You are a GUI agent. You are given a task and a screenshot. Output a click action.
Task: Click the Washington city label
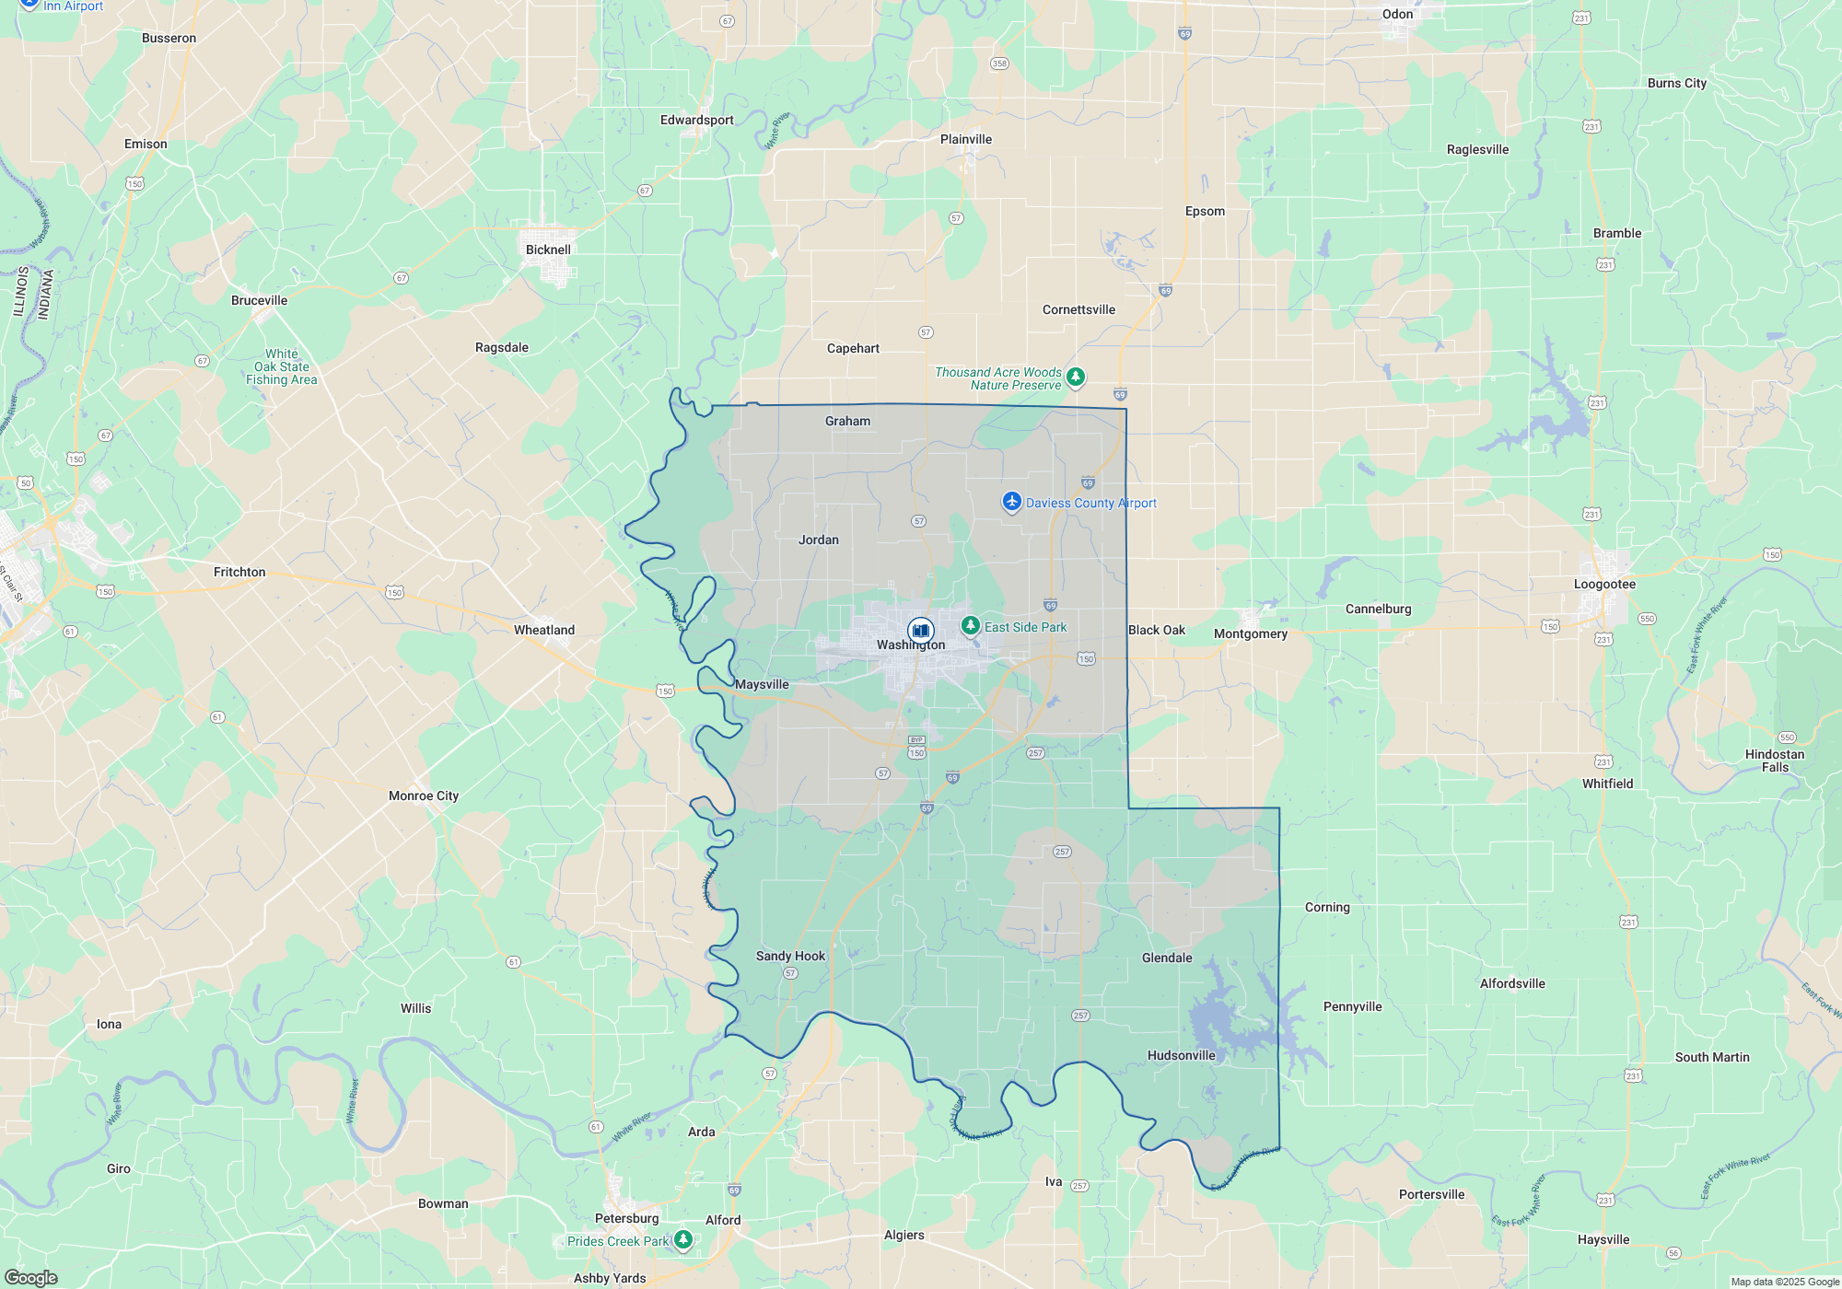(910, 645)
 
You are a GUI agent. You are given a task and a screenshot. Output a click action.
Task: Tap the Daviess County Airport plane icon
(1012, 502)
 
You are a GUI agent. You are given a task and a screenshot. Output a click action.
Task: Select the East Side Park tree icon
(970, 626)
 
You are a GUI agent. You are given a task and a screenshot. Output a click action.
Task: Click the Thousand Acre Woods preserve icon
(1075, 377)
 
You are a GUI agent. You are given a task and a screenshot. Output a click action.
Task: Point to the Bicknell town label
(548, 250)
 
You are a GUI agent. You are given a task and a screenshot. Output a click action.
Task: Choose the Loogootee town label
(1604, 584)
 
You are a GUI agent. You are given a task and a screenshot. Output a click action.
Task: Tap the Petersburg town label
(626, 1218)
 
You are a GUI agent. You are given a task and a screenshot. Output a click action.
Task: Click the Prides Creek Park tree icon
(683, 1239)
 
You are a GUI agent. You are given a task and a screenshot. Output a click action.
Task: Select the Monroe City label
(424, 795)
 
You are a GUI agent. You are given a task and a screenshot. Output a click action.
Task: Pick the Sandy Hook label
(790, 956)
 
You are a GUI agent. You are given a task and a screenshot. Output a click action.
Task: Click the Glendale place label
(1167, 958)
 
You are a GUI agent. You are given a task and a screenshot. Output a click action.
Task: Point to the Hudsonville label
(1182, 1055)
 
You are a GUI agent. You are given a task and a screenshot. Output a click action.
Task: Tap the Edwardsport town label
(697, 120)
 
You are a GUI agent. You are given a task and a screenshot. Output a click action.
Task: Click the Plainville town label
(966, 139)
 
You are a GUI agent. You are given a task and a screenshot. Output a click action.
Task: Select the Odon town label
(1397, 14)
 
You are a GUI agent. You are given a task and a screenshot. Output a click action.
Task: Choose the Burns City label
(1677, 83)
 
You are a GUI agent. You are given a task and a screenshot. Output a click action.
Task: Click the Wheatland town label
(544, 630)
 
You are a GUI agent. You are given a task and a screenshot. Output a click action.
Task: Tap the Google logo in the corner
(31, 1277)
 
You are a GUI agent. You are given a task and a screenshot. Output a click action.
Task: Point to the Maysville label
(762, 684)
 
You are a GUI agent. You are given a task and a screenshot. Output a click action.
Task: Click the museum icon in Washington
(920, 631)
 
